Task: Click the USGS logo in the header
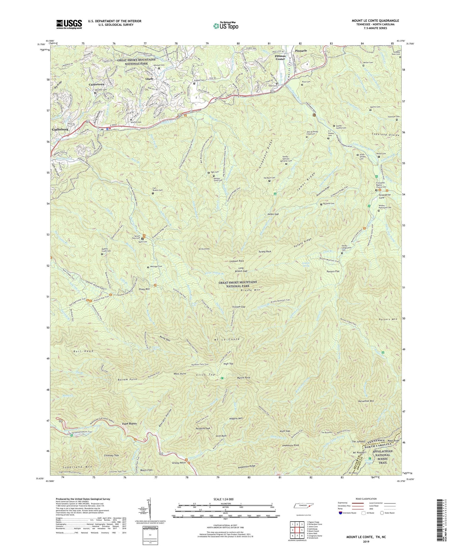coord(69,24)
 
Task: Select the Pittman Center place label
coord(280,57)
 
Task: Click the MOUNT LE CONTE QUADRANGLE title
coord(375,21)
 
